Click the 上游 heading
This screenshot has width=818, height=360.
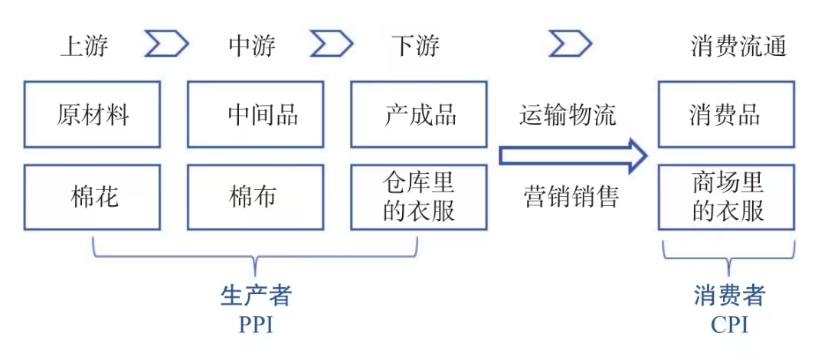pyautogui.click(x=85, y=47)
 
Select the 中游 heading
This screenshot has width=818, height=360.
pyautogui.click(x=252, y=47)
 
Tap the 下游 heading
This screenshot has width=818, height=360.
pyautogui.click(x=415, y=47)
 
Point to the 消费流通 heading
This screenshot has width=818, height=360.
pyautogui.click(x=738, y=47)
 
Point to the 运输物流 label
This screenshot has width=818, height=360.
pyautogui.click(x=568, y=115)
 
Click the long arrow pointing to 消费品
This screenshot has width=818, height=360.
pyautogui.click(x=574, y=155)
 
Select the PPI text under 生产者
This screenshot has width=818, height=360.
pyautogui.click(x=256, y=326)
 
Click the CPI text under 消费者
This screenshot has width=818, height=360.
pyautogui.click(x=729, y=326)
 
